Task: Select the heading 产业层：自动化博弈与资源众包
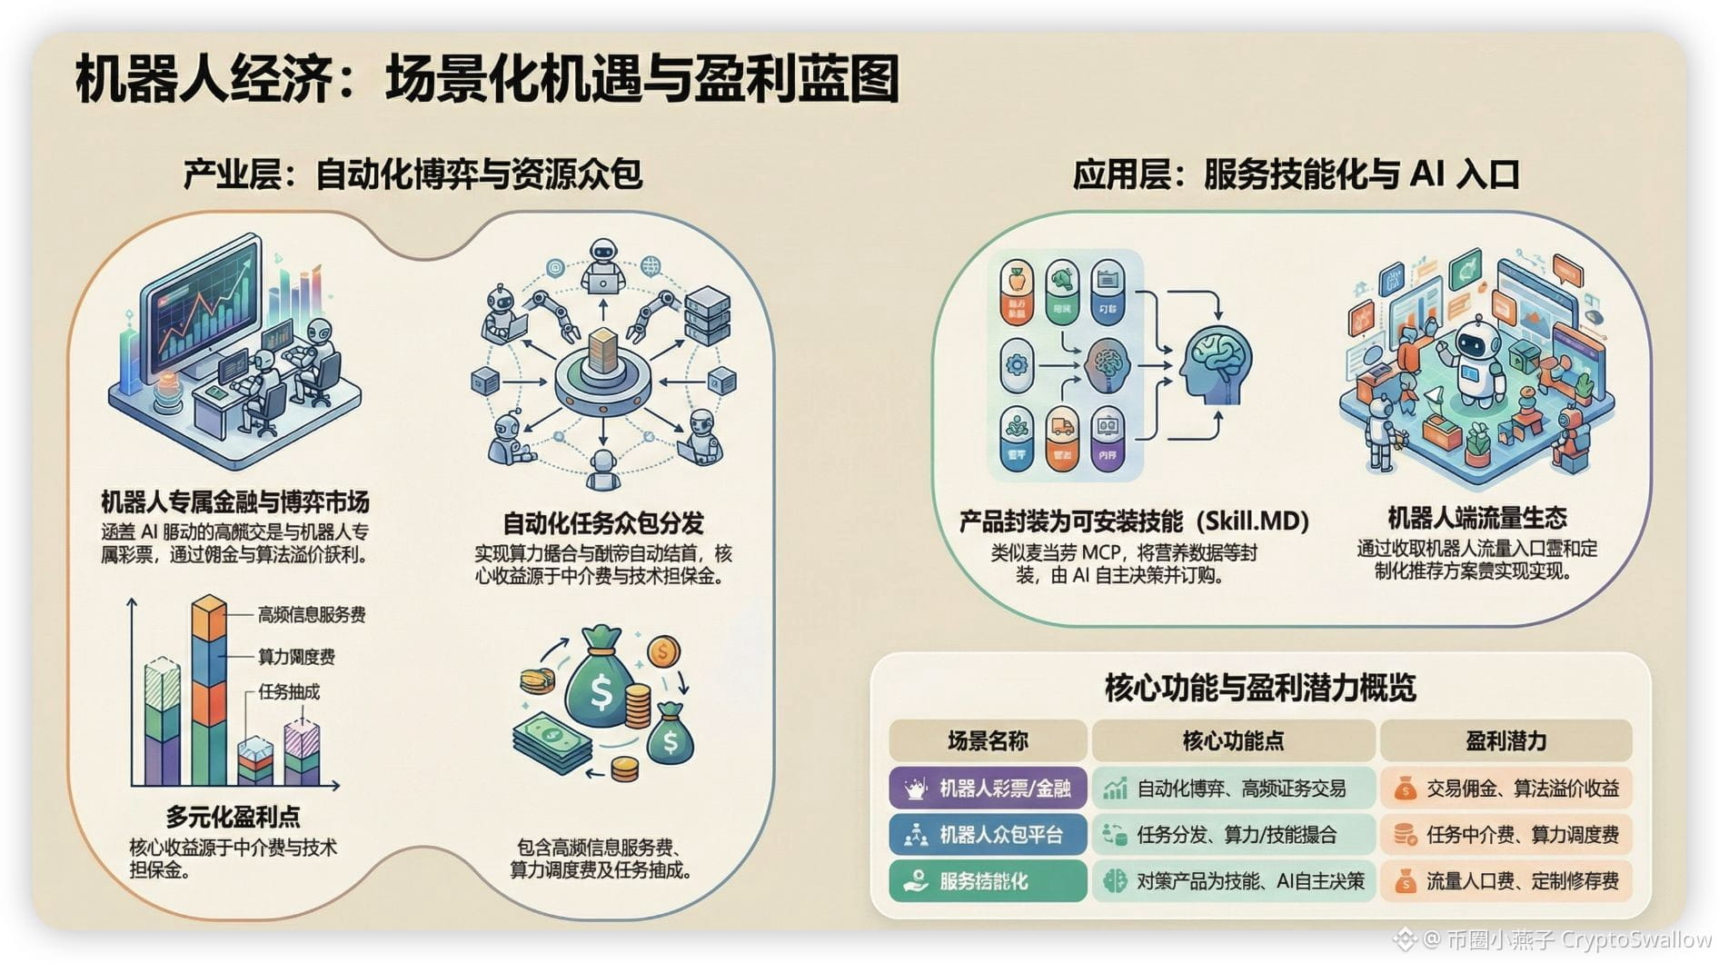pos(412,174)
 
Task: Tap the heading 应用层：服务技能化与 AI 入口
pos(1296,174)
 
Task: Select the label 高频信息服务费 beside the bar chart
pos(312,615)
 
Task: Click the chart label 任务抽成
pos(289,691)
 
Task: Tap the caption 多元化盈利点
pos(233,816)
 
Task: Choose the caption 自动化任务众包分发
pos(603,523)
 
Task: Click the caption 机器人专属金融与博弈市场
pos(234,502)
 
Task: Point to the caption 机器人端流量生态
pos(1476,518)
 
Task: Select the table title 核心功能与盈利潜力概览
pos(1259,688)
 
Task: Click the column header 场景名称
pos(988,741)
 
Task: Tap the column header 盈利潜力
pos(1505,741)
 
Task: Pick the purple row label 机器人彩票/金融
pos(988,788)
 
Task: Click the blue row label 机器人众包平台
pos(988,834)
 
